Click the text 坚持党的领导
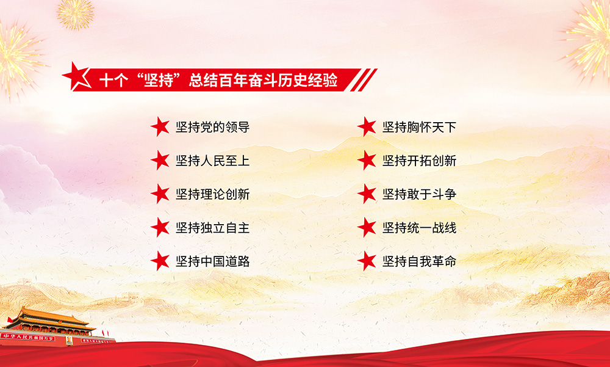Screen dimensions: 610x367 click(212, 127)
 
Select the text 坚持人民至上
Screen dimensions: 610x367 click(212, 161)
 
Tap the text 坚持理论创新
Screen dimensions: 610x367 click(212, 194)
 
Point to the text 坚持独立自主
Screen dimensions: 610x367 click(212, 228)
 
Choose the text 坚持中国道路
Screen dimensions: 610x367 click(212, 261)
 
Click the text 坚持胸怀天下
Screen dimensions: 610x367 click(419, 127)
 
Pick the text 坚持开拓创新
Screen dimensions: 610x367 click(419, 161)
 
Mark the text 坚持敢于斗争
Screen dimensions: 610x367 click(419, 194)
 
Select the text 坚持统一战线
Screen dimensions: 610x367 click(419, 228)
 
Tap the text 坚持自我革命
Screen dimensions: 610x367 click(419, 261)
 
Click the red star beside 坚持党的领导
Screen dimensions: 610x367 click(160, 126)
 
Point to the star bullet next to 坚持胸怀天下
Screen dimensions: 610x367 click(367, 126)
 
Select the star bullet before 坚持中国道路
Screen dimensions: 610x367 click(160, 261)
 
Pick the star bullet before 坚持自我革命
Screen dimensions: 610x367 click(367, 261)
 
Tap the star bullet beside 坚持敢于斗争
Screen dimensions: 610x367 click(367, 194)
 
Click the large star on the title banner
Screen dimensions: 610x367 click(77, 76)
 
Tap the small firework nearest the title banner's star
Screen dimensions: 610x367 click(75, 15)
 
